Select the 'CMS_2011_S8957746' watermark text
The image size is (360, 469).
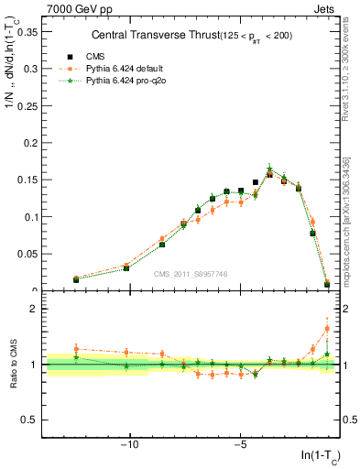(191, 274)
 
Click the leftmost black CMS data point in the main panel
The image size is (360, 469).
(76, 279)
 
